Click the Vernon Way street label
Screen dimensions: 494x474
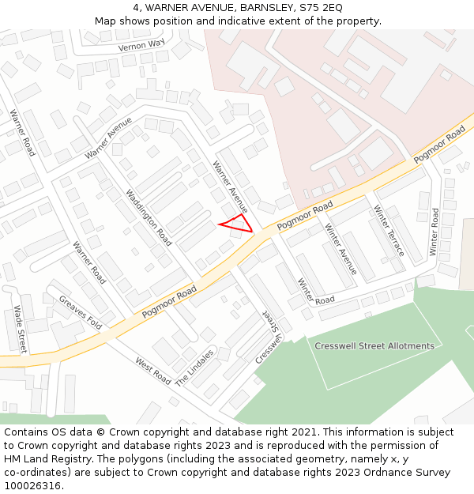[141, 46]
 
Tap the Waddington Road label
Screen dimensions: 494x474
[149, 217]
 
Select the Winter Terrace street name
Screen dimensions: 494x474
[389, 231]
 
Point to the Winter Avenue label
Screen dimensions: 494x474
[340, 250]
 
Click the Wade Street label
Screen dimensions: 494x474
[20, 328]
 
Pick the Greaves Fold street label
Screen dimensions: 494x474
[81, 311]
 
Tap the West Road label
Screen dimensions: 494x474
[152, 371]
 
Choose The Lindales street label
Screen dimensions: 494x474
[194, 367]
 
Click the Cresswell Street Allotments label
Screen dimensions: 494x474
[374, 346]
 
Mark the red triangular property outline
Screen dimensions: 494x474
[237, 224]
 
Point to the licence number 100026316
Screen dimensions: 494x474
[34, 485]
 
